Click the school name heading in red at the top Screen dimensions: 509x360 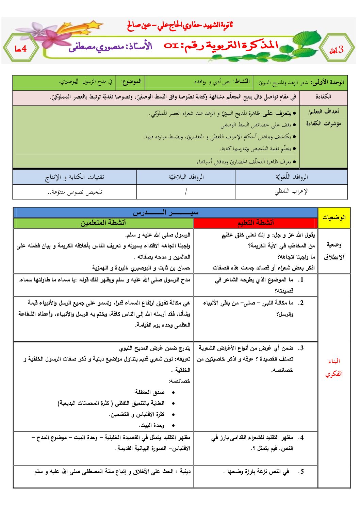coord(180,25)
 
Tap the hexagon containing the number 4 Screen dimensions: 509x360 coord(20,49)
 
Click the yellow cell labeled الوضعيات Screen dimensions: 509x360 coord(334,218)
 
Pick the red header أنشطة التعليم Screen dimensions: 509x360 coord(255,223)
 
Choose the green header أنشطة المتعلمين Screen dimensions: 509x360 coord(103,223)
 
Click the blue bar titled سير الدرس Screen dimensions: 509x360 coord(165,213)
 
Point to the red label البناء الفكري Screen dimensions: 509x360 coord(333,368)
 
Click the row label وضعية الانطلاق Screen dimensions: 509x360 coord(334,251)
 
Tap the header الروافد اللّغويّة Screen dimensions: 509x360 coord(291,177)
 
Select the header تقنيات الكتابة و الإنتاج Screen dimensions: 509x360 coord(75,177)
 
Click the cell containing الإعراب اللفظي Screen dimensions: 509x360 coord(291,191)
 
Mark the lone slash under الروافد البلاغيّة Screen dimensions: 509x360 coord(186,191)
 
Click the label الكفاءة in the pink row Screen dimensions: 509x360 coord(323,97)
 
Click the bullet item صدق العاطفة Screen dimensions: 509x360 coord(150,392)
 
